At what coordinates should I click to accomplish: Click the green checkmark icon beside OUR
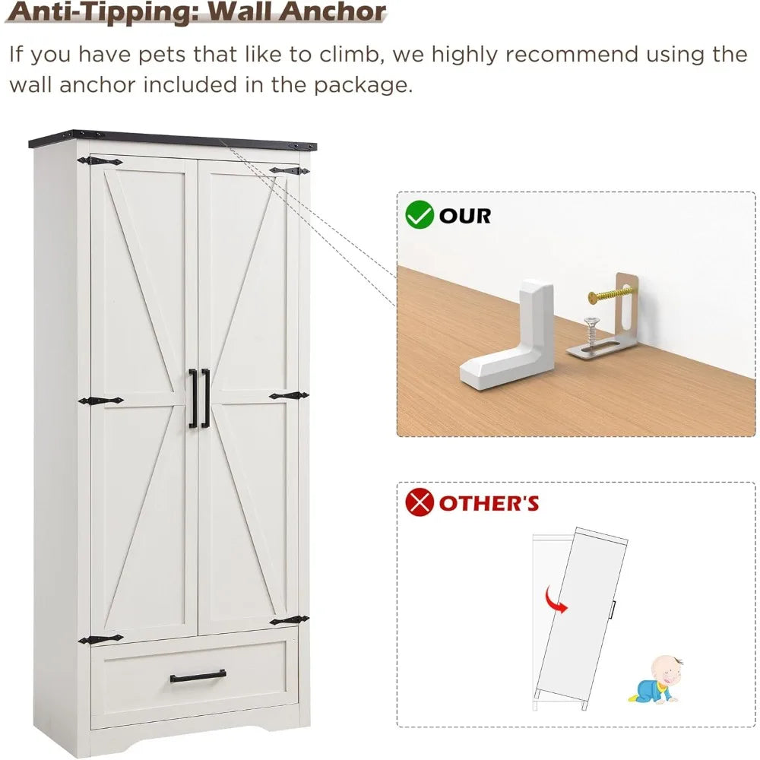pos(420,215)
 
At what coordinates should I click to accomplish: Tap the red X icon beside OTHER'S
pos(420,502)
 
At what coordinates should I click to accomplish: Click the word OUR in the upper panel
pos(465,216)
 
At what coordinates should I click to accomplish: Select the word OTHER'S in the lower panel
pos(489,503)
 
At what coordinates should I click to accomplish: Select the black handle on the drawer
pos(198,676)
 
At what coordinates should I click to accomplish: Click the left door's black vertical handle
pos(192,398)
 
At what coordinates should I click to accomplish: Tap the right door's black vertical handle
pos(205,398)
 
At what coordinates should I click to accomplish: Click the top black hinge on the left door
pos(100,161)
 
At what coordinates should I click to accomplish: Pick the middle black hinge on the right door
pos(289,396)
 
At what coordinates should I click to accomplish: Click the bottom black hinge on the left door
pos(101,639)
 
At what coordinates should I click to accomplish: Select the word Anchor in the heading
pos(333,11)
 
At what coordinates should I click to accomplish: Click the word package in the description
pos(363,86)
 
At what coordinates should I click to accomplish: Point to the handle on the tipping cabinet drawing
pos(613,610)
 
